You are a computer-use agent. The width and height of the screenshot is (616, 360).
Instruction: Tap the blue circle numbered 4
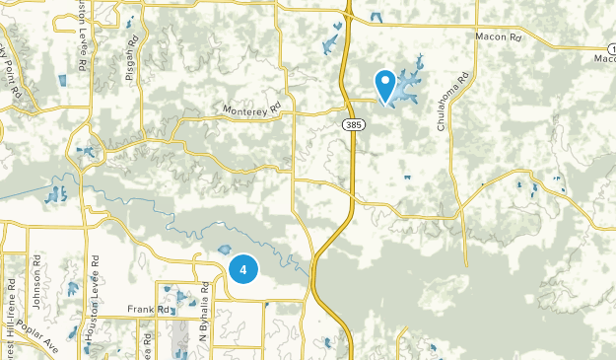(x=242, y=268)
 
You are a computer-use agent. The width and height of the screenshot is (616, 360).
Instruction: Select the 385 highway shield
(x=353, y=125)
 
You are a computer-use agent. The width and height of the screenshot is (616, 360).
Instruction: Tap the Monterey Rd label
(x=252, y=109)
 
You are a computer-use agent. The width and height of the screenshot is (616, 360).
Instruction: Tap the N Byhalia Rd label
(x=204, y=314)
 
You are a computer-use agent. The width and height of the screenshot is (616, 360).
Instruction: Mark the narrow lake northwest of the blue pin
(x=328, y=44)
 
